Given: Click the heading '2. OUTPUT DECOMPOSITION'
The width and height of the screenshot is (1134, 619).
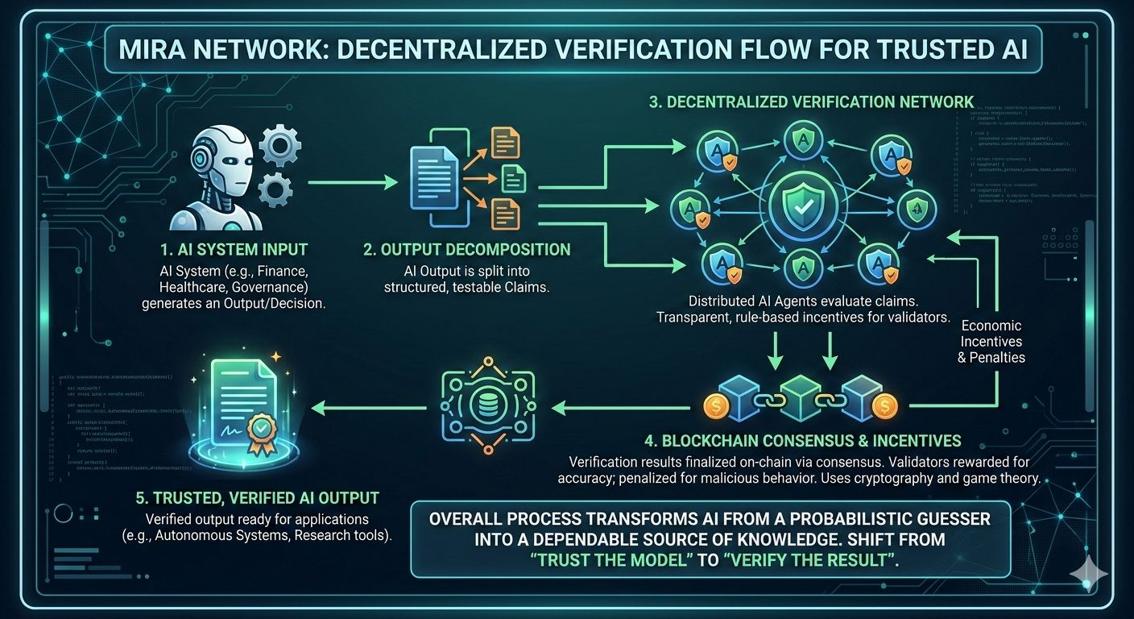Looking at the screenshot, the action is point(466,250).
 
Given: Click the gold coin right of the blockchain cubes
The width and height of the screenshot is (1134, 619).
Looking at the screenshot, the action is point(884,403).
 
